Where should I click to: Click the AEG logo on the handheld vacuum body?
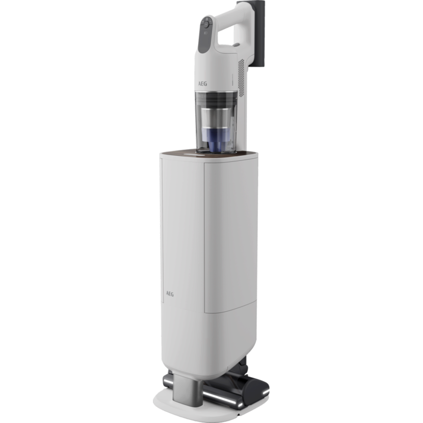pyautogui.click(x=202, y=83)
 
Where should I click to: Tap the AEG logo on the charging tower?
pyautogui.click(x=170, y=294)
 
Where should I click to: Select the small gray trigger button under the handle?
pyautogui.click(x=236, y=45)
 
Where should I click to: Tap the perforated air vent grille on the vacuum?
pyautogui.click(x=241, y=78)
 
